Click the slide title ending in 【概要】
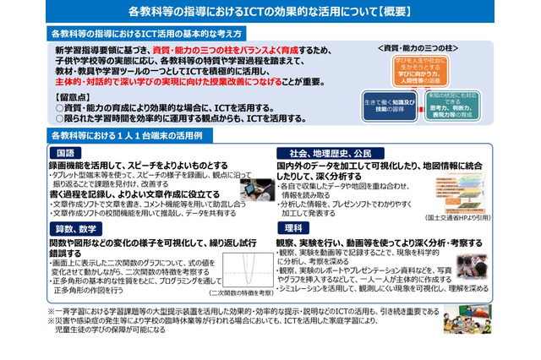tap(270, 14)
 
